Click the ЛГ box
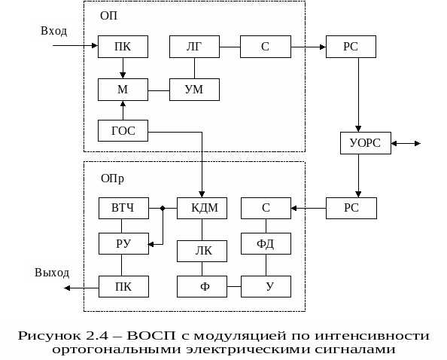click(194, 47)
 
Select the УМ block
click(194, 90)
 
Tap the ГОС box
click(123, 130)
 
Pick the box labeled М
click(123, 90)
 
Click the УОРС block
click(366, 143)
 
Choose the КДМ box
click(202, 208)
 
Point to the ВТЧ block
click(123, 208)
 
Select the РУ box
click(123, 243)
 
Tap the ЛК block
click(202, 251)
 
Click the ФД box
click(266, 243)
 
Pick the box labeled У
click(266, 286)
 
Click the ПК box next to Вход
click(123, 47)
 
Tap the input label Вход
click(54, 31)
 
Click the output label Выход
click(52, 273)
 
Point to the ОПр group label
click(112, 178)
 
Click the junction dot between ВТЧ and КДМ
click(163, 208)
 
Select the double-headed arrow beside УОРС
click(406, 143)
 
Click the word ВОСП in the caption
click(151, 335)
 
